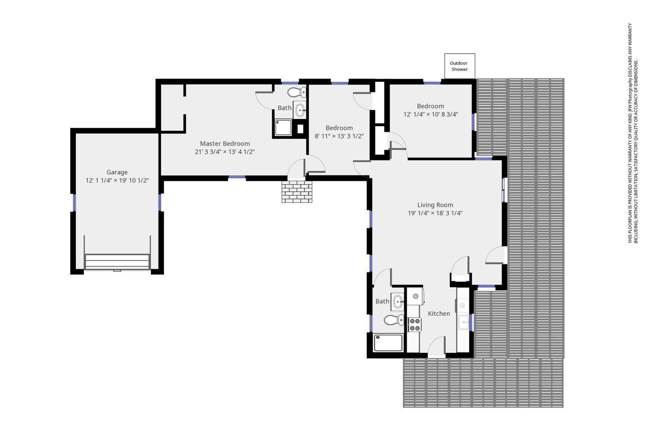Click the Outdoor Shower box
[460, 66]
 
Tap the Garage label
[117, 172]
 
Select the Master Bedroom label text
[225, 144]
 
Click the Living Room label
[435, 205]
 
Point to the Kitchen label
[439, 314]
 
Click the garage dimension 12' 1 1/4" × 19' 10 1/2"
[117, 180]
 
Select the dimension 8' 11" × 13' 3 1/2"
[339, 136]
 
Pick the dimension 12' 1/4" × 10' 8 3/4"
[431, 114]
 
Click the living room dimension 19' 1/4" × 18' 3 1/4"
[435, 213]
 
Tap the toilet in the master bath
[297, 92]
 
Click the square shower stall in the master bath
[283, 127]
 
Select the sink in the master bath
[300, 110]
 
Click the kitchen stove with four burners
[415, 324]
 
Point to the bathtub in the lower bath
[388, 342]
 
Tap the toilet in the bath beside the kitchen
[394, 320]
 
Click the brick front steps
[297, 192]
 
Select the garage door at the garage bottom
[117, 262]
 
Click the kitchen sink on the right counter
[463, 322]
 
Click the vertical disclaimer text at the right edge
[633, 133]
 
